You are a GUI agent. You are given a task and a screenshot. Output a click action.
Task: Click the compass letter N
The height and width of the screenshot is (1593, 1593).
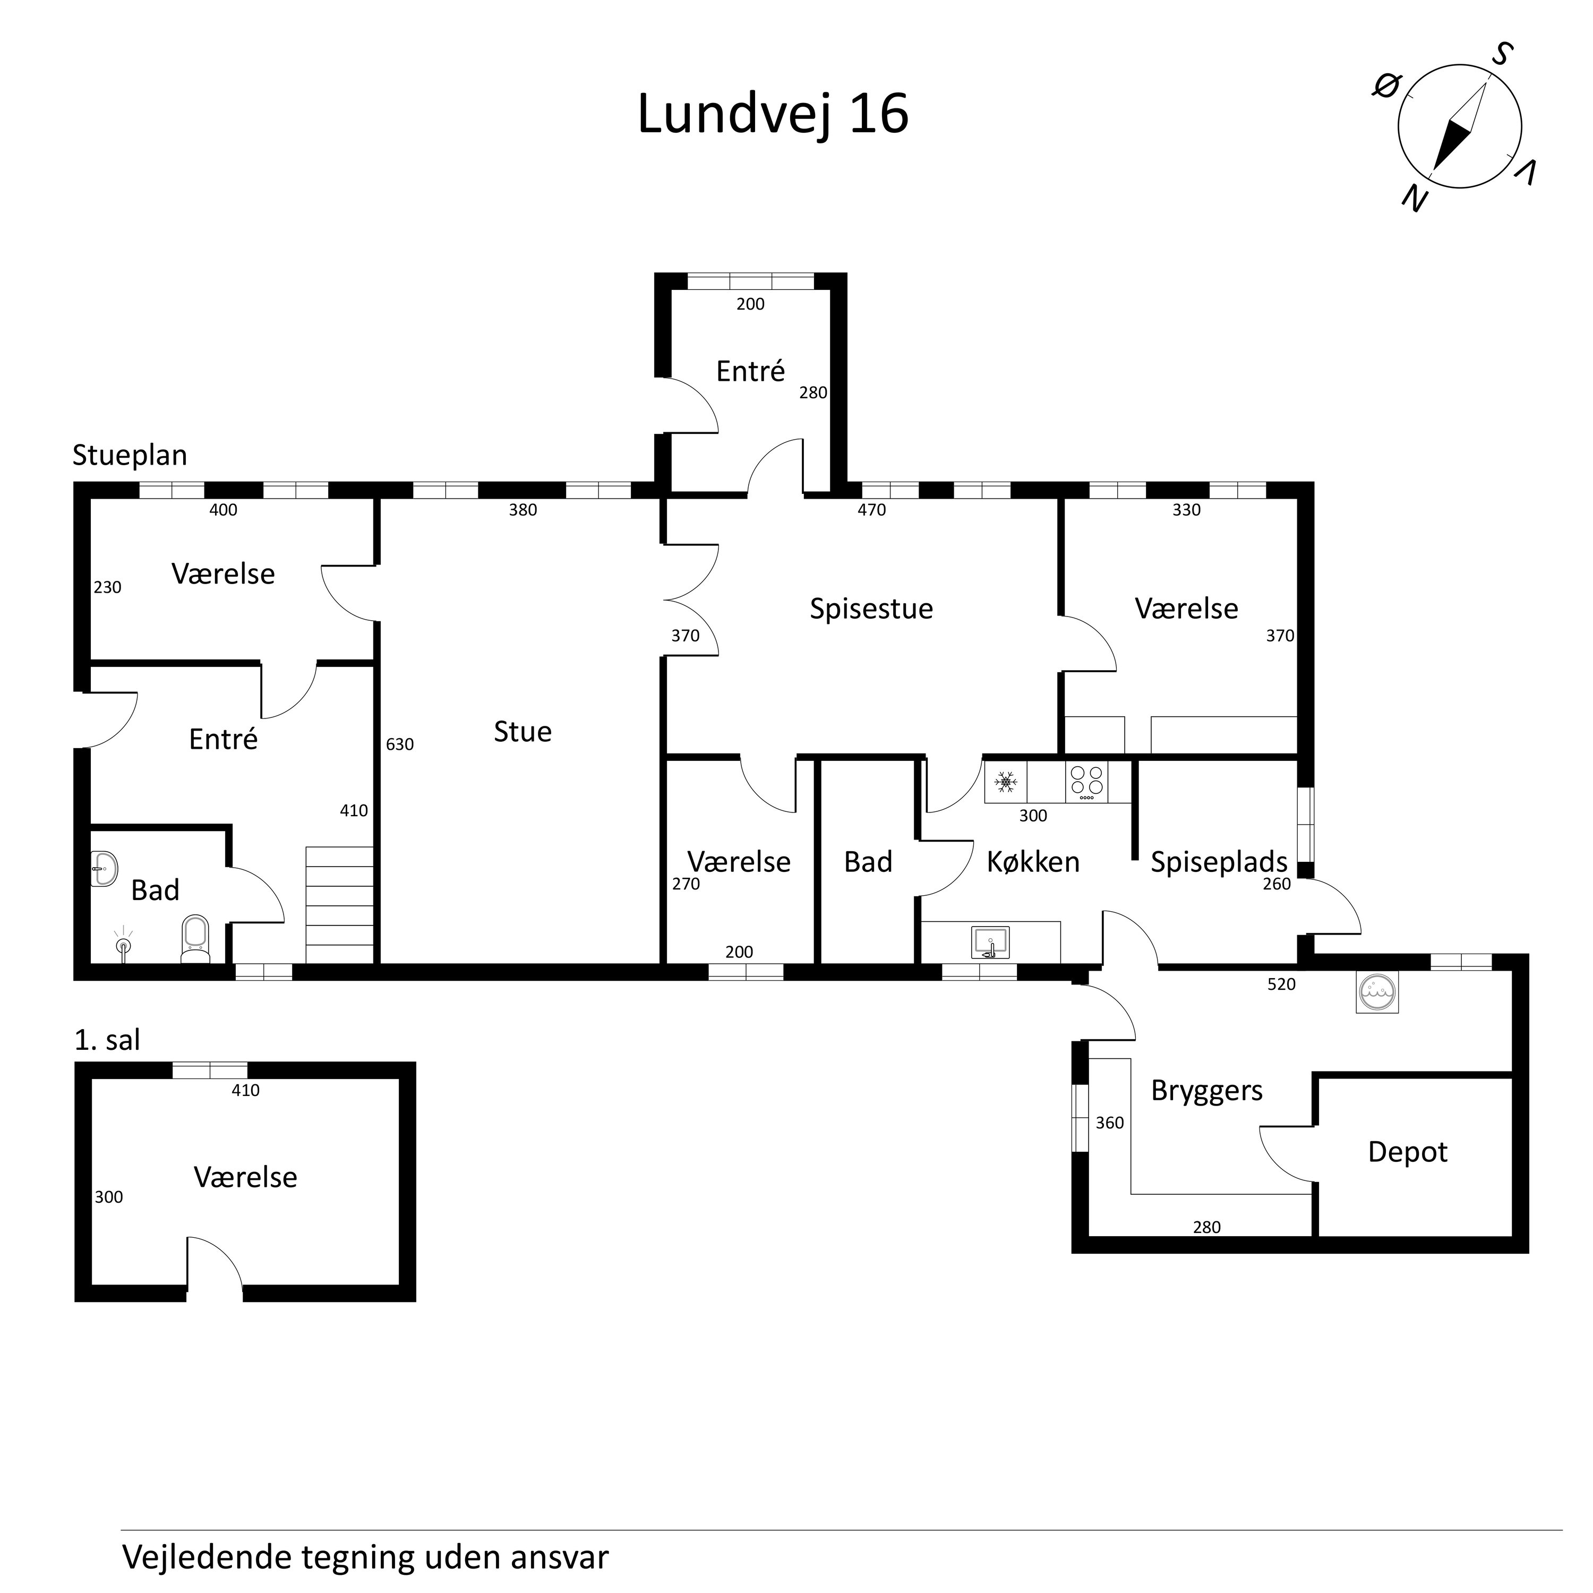point(1415,198)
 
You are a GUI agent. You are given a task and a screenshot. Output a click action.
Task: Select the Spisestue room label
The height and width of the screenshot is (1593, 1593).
point(871,609)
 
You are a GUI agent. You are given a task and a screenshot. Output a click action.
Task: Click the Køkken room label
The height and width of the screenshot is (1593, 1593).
point(1033,862)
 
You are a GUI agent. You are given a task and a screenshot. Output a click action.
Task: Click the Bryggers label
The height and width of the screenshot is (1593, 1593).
point(1206,1091)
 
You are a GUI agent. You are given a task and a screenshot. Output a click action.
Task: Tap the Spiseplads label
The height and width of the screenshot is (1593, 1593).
point(1219,862)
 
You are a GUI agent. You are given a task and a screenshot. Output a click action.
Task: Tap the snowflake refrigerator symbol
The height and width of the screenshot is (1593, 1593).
point(1005,782)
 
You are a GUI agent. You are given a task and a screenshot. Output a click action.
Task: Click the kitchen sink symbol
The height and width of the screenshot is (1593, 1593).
point(990,941)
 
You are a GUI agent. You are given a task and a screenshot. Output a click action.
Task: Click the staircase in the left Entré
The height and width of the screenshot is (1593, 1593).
point(339,904)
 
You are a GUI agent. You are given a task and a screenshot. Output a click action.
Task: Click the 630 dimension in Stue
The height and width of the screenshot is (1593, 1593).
point(400,744)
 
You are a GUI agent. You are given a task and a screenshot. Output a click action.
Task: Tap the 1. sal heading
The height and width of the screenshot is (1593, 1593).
point(107,1041)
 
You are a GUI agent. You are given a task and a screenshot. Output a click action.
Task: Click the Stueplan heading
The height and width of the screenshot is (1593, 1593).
point(130,455)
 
